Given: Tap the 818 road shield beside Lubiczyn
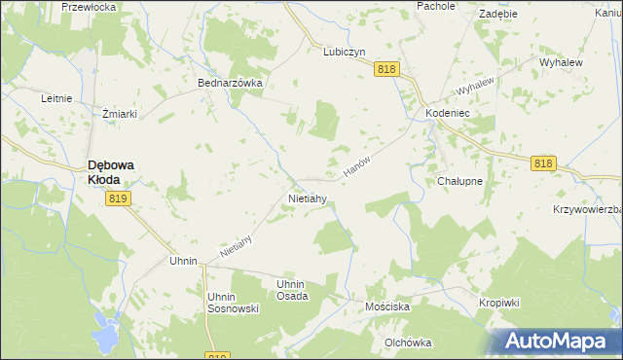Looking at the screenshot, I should click(387, 68).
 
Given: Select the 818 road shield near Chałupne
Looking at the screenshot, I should click(544, 164).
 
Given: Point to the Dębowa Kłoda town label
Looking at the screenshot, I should click(112, 172).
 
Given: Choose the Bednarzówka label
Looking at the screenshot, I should click(231, 84).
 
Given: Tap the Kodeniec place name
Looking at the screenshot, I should click(449, 114).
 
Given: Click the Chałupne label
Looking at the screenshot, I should click(460, 182).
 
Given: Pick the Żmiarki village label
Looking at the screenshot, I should click(120, 114).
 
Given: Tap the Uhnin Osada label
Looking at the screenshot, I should click(292, 290).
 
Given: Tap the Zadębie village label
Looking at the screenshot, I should click(497, 15).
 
